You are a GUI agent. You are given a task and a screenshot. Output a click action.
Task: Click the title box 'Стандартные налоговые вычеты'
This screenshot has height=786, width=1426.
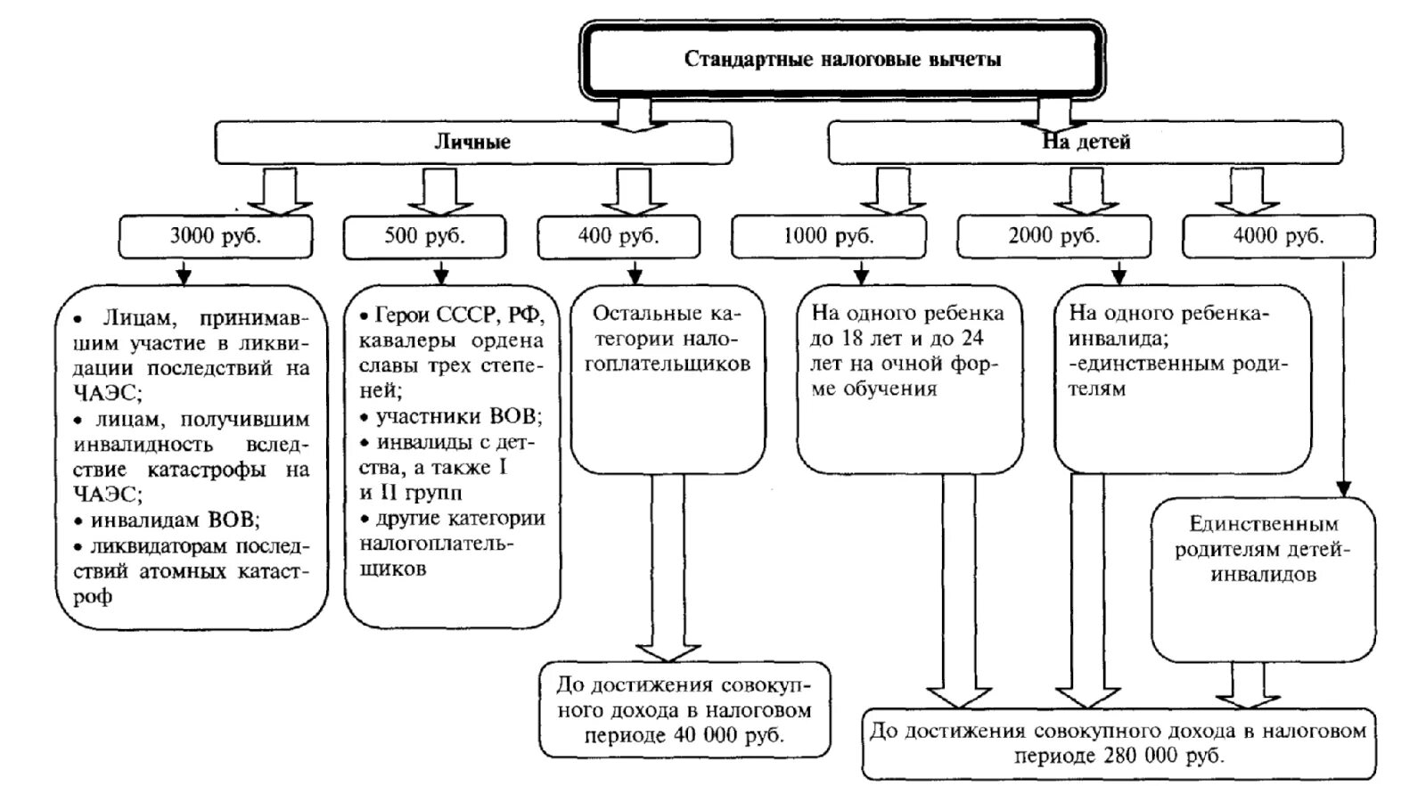[842, 60]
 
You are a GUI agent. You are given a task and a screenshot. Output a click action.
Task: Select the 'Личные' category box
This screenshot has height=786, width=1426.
[472, 143]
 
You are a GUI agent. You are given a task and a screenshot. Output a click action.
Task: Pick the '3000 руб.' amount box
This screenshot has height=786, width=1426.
[216, 237]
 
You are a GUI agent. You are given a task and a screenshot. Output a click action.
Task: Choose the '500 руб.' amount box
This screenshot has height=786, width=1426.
[424, 237]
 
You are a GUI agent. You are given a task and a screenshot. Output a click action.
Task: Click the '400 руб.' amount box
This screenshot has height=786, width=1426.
[618, 237]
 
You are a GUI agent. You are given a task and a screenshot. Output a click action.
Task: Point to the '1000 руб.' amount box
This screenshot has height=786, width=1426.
[828, 237]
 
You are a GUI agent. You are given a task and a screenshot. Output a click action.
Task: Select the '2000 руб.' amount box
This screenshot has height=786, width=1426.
[1053, 237]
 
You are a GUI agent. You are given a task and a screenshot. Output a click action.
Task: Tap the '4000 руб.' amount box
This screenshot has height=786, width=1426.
[1278, 237]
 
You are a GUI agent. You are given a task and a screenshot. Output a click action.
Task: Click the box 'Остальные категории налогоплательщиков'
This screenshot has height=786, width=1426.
[668, 340]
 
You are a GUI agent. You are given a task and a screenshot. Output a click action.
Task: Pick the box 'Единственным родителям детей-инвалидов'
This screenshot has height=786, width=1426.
[1263, 550]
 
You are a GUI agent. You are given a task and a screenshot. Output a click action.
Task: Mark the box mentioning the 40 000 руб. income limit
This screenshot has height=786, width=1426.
[684, 710]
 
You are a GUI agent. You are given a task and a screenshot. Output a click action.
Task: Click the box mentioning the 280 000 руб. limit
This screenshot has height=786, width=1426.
[1118, 743]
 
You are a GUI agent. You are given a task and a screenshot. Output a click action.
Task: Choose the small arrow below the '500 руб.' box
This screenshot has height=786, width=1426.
[438, 272]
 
